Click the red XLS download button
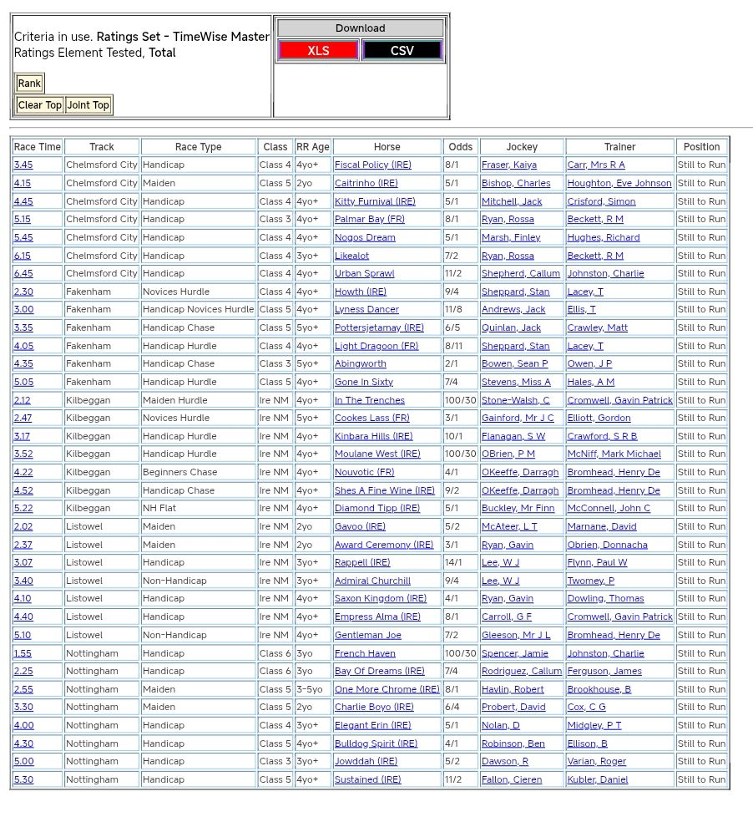coord(318,50)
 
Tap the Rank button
coord(29,83)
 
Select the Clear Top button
coord(40,105)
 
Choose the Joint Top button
coord(88,105)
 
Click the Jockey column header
coord(522,147)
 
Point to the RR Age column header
coord(313,147)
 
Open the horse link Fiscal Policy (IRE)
coord(373,165)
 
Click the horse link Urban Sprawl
coord(365,274)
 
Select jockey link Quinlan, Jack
coord(511,328)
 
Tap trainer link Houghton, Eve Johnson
coord(619,184)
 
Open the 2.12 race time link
coord(23,401)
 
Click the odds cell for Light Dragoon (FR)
coord(454,347)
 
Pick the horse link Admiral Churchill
coord(372,581)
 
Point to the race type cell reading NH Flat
coord(162,509)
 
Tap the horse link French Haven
coord(365,654)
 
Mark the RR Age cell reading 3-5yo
coord(311,690)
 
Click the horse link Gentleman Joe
coord(368,636)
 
